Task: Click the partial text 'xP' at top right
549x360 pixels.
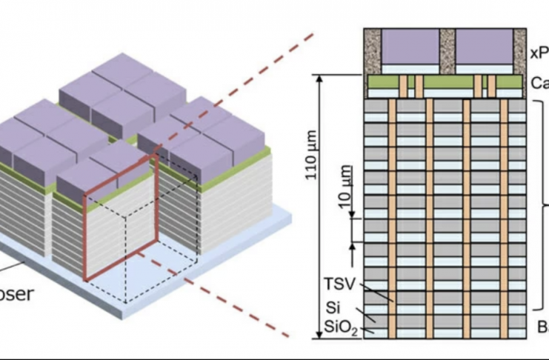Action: pos(539,53)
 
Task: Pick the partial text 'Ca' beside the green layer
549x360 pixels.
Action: pos(539,83)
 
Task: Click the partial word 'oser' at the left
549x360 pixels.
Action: pos(16,293)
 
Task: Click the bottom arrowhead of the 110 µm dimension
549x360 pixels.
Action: pos(321,335)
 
